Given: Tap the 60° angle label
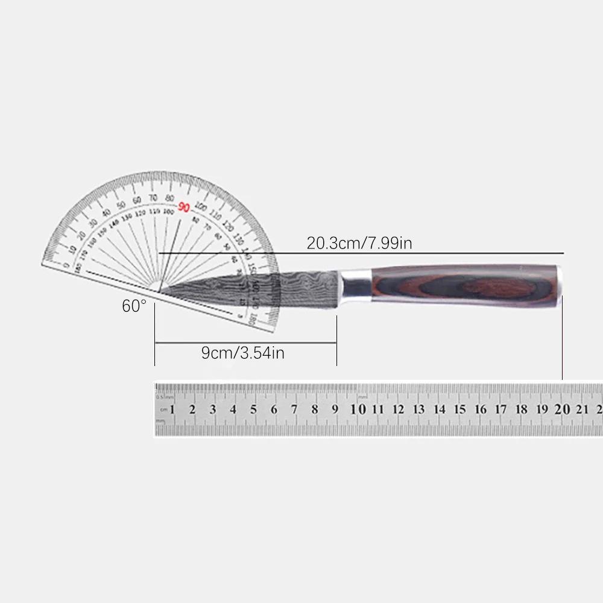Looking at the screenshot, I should [x=134, y=306].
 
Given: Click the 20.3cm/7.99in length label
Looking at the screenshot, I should [x=359, y=243].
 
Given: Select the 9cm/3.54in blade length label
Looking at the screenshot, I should [x=243, y=353].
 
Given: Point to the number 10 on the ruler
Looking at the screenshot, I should [x=358, y=409].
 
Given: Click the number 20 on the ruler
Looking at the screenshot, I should [x=562, y=409].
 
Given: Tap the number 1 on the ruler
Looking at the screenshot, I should [x=172, y=409].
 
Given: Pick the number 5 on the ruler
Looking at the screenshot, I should [x=253, y=409].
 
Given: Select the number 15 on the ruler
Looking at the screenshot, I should [x=459, y=409].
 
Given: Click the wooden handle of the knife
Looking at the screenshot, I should [x=464, y=285].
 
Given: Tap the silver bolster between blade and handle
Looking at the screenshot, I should [x=356, y=283].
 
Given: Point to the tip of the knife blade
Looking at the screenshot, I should [x=159, y=292].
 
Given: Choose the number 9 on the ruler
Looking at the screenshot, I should [x=335, y=409].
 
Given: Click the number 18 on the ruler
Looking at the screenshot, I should [x=521, y=409].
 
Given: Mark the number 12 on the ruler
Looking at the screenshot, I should [x=398, y=409].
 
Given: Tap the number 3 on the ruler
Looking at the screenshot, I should [x=213, y=409].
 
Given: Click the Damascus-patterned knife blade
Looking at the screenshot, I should [x=271, y=288].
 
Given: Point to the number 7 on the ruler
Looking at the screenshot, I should [x=294, y=409].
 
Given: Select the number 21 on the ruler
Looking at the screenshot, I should [x=582, y=409].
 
